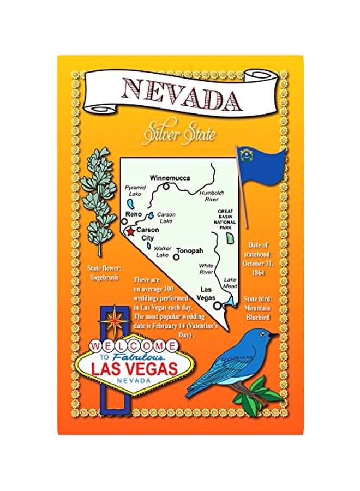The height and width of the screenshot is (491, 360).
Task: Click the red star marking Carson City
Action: pyautogui.click(x=130, y=231)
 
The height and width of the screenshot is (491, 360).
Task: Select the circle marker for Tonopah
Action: pyautogui.click(x=176, y=256)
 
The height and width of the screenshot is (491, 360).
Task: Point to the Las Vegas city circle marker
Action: pyautogui.click(x=218, y=306)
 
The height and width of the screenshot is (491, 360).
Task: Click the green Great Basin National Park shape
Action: pyautogui.click(x=231, y=236)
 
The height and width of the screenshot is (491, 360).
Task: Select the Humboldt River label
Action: pyautogui.click(x=209, y=196)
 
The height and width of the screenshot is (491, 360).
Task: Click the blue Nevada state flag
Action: pyautogui.click(x=262, y=167)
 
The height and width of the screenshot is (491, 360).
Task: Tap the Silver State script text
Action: pyautogui.click(x=179, y=134)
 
